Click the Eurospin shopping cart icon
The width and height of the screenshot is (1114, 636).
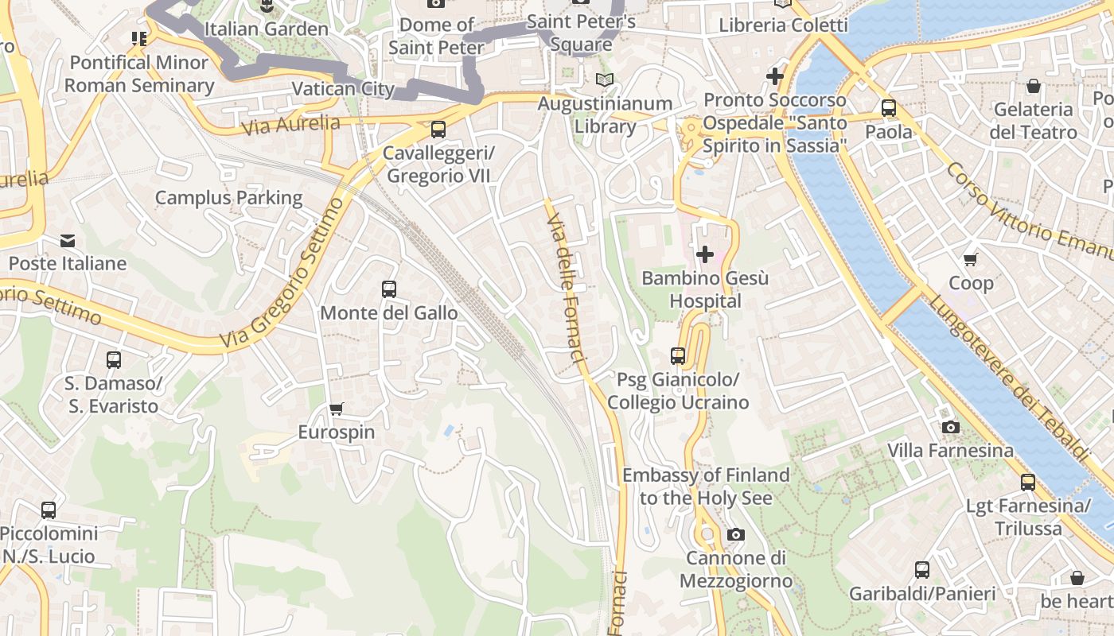pyautogui.click(x=336, y=409)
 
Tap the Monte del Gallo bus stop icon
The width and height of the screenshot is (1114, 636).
pyautogui.click(x=388, y=289)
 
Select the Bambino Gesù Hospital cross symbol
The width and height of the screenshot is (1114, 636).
pyautogui.click(x=704, y=254)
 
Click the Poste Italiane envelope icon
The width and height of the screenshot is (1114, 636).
pyautogui.click(x=68, y=240)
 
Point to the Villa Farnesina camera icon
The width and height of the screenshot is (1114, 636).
pyautogui.click(x=950, y=428)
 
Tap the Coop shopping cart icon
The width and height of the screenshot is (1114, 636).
pyautogui.click(x=971, y=260)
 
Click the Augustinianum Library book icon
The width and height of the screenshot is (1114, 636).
pyautogui.click(x=605, y=80)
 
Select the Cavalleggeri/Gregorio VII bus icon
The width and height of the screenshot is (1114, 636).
pyautogui.click(x=438, y=129)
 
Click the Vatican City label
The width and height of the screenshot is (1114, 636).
pyautogui.click(x=343, y=88)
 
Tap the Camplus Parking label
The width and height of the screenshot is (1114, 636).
pyautogui.click(x=228, y=198)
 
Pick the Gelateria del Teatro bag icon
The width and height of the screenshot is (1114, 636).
pyautogui.click(x=1034, y=86)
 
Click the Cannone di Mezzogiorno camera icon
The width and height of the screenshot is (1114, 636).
pyautogui.click(x=736, y=534)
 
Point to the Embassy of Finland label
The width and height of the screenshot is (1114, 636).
pyautogui.click(x=706, y=487)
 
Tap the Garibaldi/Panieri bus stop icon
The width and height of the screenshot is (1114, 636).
pyautogui.click(x=922, y=570)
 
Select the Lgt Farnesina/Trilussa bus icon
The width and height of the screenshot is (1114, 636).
pyautogui.click(x=1027, y=482)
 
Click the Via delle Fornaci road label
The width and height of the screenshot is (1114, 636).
pyautogui.click(x=567, y=282)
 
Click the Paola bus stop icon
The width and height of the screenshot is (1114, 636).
pyautogui.click(x=889, y=108)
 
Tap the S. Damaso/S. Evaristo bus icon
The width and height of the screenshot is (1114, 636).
pyautogui.click(x=114, y=360)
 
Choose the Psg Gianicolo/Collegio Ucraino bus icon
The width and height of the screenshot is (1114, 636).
pyautogui.click(x=678, y=356)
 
